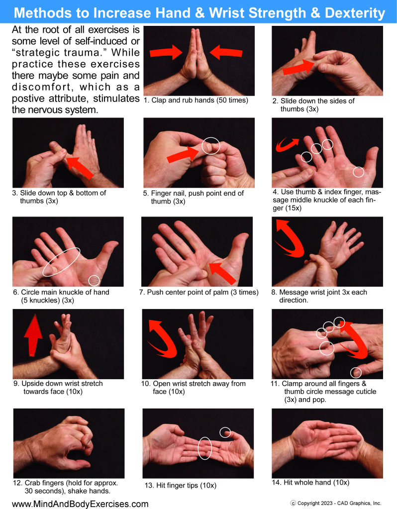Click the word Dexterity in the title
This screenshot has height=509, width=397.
[355, 13]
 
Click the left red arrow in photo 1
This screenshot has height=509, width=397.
[166, 52]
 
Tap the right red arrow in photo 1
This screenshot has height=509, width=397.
[226, 52]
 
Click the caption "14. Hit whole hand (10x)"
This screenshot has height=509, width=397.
[310, 483]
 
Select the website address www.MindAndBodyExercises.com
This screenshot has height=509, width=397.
[80, 504]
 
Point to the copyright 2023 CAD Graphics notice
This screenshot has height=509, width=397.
[336, 503]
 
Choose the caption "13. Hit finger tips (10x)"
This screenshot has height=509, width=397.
[181, 485]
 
